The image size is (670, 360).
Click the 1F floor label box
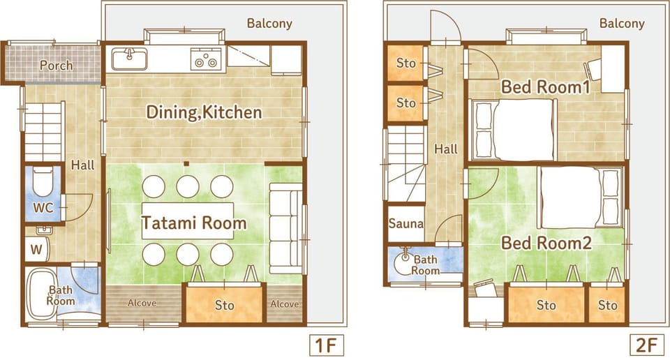coord(327,345)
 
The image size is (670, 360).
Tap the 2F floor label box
coord(647,345)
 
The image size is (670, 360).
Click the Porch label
coord(56,66)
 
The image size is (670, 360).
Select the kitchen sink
coord(130,59)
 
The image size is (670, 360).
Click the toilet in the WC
coord(43,182)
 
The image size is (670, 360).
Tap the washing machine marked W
coord(37,249)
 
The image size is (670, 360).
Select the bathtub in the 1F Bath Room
coord(40,294)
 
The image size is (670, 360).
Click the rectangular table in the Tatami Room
coord(188,221)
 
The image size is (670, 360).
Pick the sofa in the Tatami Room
coord(286,228)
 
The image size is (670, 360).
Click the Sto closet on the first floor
coord(224,303)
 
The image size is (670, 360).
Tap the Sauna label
coord(406,223)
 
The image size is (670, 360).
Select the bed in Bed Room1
coord(513,130)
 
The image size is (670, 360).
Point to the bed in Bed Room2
coord(580,197)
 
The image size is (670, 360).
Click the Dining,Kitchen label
coord(204,112)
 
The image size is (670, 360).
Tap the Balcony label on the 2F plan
coord(622,23)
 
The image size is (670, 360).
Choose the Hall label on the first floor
coord(82,165)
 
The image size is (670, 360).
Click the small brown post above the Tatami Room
coord(186,163)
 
